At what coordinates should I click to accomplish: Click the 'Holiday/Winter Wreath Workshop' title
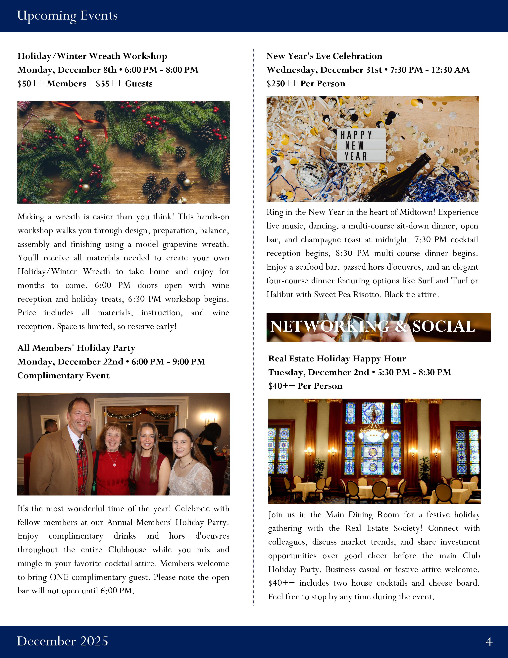(x=92, y=56)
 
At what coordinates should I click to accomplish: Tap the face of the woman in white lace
(x=183, y=445)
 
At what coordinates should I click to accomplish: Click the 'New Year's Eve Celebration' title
(x=324, y=56)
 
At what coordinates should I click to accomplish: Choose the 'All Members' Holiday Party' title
(x=76, y=348)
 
